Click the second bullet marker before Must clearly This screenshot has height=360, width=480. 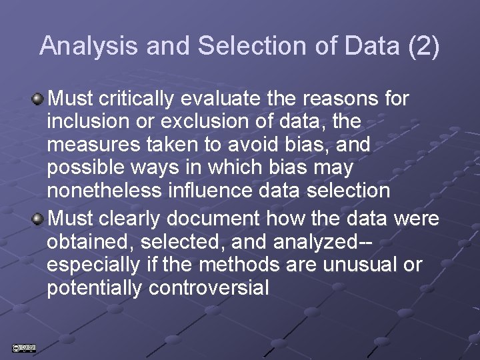tap(39, 218)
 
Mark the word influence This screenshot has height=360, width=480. tap(216, 191)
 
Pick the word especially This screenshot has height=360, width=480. tap(93, 265)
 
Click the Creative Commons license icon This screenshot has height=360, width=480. tap(24, 348)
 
